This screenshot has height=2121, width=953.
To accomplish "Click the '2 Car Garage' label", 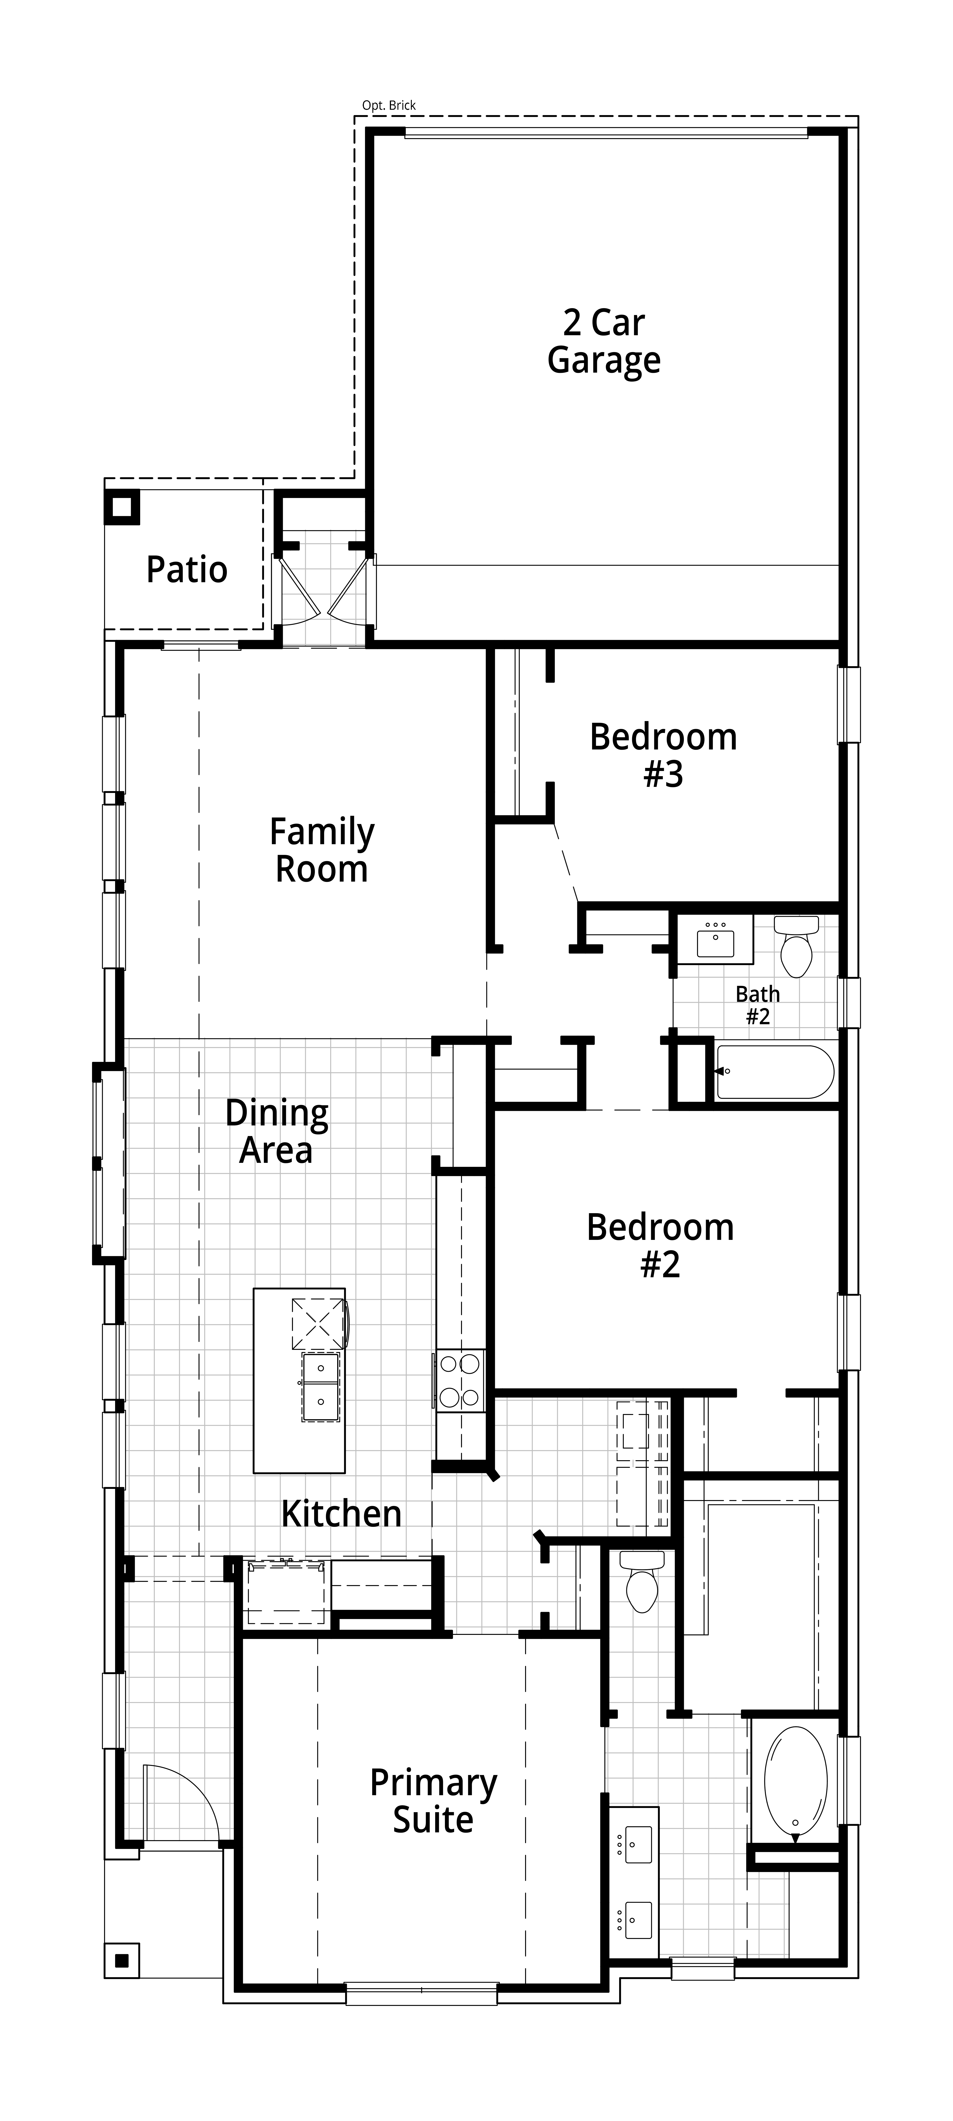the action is tap(604, 342).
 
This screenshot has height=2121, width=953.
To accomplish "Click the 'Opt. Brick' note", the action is tap(389, 105).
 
